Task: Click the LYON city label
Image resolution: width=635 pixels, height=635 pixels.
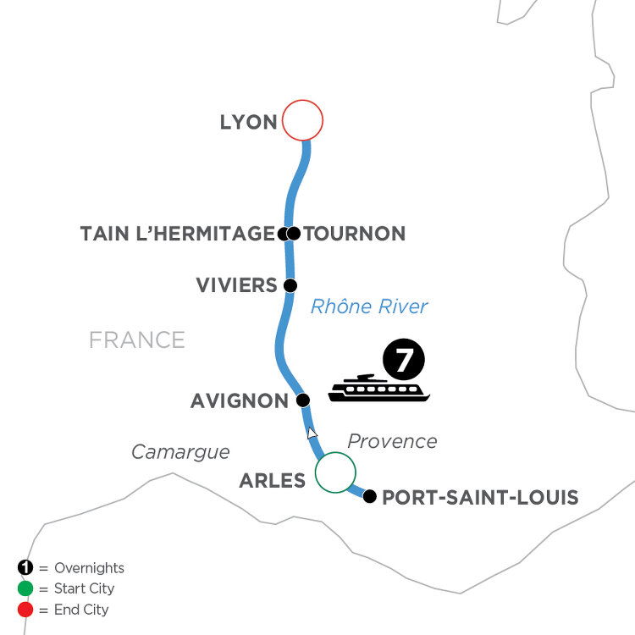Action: click(249, 122)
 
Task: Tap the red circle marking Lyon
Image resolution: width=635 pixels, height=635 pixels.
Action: click(302, 120)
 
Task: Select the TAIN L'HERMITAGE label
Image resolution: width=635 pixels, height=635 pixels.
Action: click(178, 234)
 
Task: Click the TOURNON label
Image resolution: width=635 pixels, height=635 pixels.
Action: click(355, 234)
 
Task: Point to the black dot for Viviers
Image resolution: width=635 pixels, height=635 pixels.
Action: click(290, 285)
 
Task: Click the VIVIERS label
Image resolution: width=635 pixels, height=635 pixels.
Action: click(236, 285)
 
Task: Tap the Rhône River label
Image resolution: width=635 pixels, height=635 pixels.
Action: click(369, 306)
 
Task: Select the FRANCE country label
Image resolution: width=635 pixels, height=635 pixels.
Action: click(137, 340)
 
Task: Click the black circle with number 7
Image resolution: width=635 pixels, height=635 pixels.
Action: click(403, 359)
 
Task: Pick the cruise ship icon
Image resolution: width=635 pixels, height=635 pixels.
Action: click(378, 388)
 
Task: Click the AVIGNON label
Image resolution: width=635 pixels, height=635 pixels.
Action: click(240, 401)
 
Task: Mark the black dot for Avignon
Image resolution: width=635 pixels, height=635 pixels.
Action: click(303, 400)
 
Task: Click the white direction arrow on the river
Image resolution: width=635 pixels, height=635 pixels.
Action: click(312, 433)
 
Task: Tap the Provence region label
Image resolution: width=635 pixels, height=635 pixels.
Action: click(392, 441)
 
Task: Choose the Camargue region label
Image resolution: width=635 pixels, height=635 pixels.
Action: click(180, 452)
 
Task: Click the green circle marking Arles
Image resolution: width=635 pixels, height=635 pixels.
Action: click(335, 472)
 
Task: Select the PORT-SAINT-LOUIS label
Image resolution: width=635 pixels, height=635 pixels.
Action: click(480, 497)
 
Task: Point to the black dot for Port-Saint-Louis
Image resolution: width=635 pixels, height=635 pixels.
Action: click(369, 496)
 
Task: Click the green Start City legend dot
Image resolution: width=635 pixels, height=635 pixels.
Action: click(25, 588)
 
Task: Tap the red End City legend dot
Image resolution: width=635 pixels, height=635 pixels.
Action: click(25, 610)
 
